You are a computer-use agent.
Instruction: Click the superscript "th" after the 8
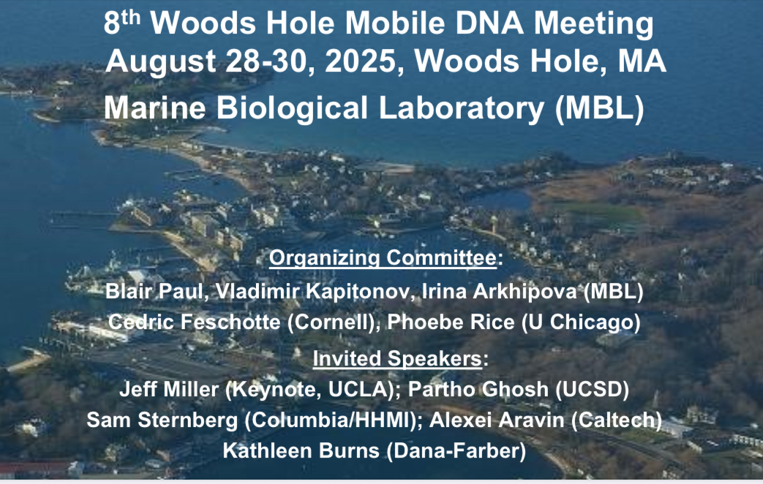tap(130, 17)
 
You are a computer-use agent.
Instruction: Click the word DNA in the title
tap(489, 23)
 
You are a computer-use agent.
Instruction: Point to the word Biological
tap(292, 108)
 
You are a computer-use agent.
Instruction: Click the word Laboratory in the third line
tap(462, 108)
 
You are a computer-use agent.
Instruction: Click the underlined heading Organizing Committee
tap(383, 258)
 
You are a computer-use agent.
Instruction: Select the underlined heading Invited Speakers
tap(397, 359)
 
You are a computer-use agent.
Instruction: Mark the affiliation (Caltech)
tap(617, 420)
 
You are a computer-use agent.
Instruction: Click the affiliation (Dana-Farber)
tap(456, 451)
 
